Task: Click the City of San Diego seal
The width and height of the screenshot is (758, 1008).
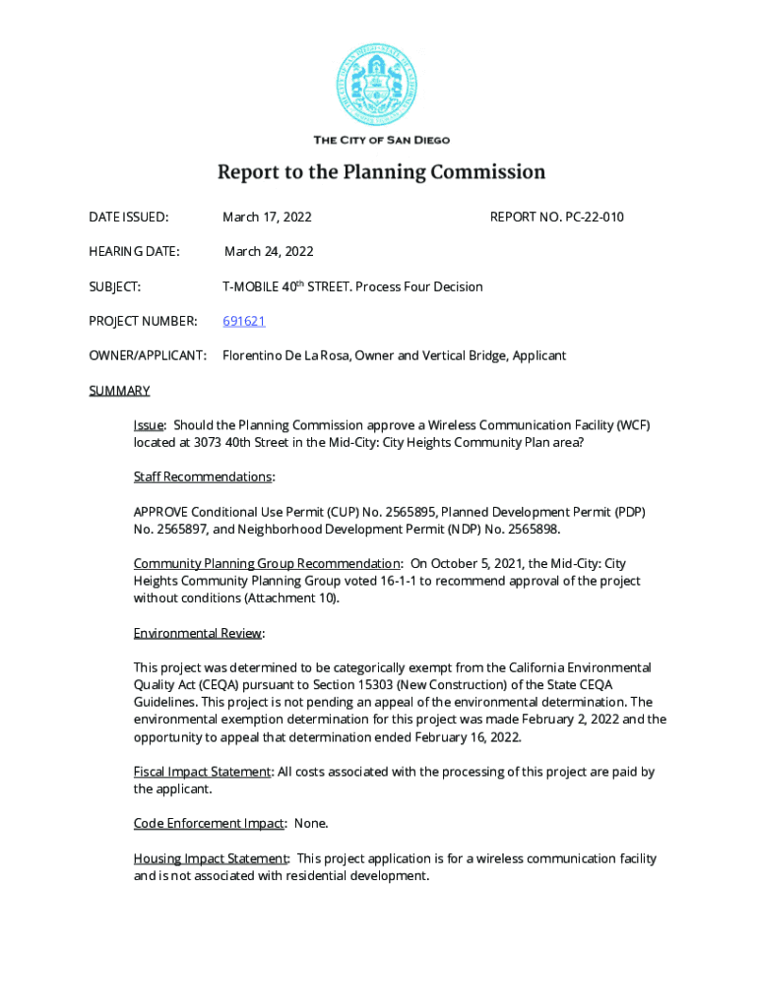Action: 381,83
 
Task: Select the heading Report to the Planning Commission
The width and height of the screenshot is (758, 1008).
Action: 381,173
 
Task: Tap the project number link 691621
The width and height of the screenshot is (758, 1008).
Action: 243,321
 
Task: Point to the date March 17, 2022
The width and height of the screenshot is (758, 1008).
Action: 267,217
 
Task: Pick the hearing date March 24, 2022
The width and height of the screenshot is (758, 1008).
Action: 269,252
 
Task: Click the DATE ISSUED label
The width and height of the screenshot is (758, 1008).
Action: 128,217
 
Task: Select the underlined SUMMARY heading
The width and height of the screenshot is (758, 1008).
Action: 119,391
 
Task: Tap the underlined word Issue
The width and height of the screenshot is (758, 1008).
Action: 149,425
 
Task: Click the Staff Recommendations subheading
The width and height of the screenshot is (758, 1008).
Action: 203,477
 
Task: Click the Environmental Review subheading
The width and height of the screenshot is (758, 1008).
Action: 198,633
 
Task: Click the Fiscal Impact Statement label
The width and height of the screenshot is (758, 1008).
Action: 202,772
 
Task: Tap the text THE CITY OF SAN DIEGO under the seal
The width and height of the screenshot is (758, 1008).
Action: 381,140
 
